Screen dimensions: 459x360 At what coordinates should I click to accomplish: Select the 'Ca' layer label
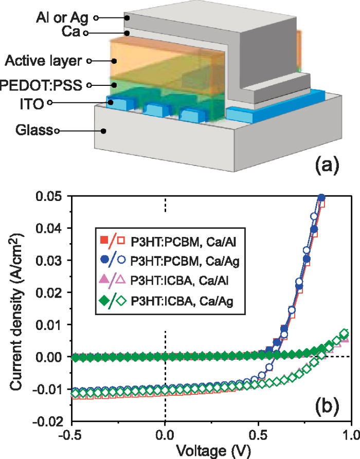(x=71, y=33)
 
